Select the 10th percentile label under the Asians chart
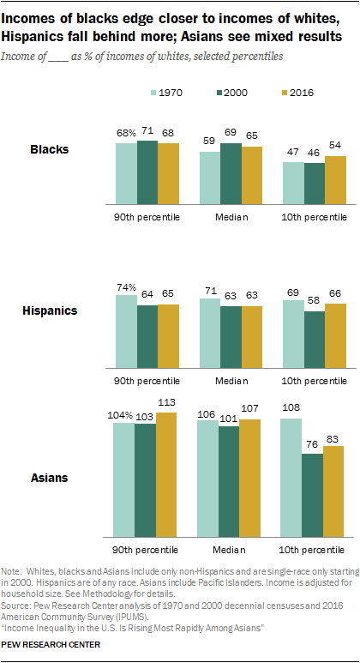pos(312,546)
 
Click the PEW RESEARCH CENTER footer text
pos(51,644)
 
